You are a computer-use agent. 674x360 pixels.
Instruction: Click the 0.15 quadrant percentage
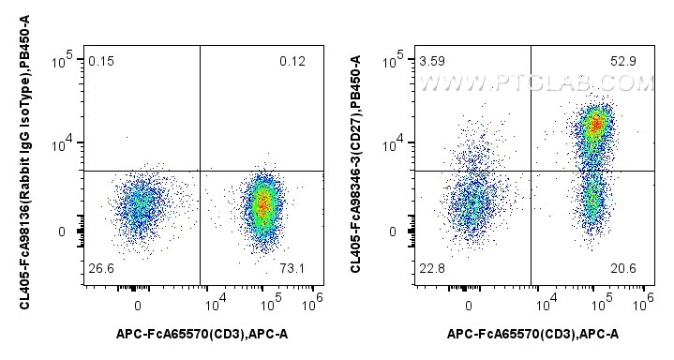point(101,62)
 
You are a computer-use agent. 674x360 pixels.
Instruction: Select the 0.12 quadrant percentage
point(292,62)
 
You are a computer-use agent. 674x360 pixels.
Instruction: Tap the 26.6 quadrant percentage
point(101,269)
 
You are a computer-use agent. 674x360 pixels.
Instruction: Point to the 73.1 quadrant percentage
point(292,269)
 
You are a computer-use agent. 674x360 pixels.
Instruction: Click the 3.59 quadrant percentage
point(432,62)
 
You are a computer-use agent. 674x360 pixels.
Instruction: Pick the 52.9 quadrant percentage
point(623,62)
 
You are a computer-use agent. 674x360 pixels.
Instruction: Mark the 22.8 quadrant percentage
point(432,269)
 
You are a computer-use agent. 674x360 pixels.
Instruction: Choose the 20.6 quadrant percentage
point(623,269)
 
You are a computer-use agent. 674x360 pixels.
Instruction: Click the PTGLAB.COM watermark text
point(536,83)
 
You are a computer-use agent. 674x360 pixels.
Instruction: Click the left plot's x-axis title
point(202,334)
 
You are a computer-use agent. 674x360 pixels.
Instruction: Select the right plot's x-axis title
point(533,334)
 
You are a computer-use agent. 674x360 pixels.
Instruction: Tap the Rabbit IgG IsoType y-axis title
point(25,161)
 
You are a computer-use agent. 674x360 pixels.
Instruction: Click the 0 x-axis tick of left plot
point(138,307)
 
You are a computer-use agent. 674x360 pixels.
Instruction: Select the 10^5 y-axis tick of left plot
point(63,60)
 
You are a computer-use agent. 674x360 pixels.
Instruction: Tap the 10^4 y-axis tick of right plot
point(394,143)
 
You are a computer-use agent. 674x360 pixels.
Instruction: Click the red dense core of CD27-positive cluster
point(596,124)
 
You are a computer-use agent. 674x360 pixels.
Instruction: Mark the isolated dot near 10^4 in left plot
point(127,138)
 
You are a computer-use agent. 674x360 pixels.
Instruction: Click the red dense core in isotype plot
point(263,203)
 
